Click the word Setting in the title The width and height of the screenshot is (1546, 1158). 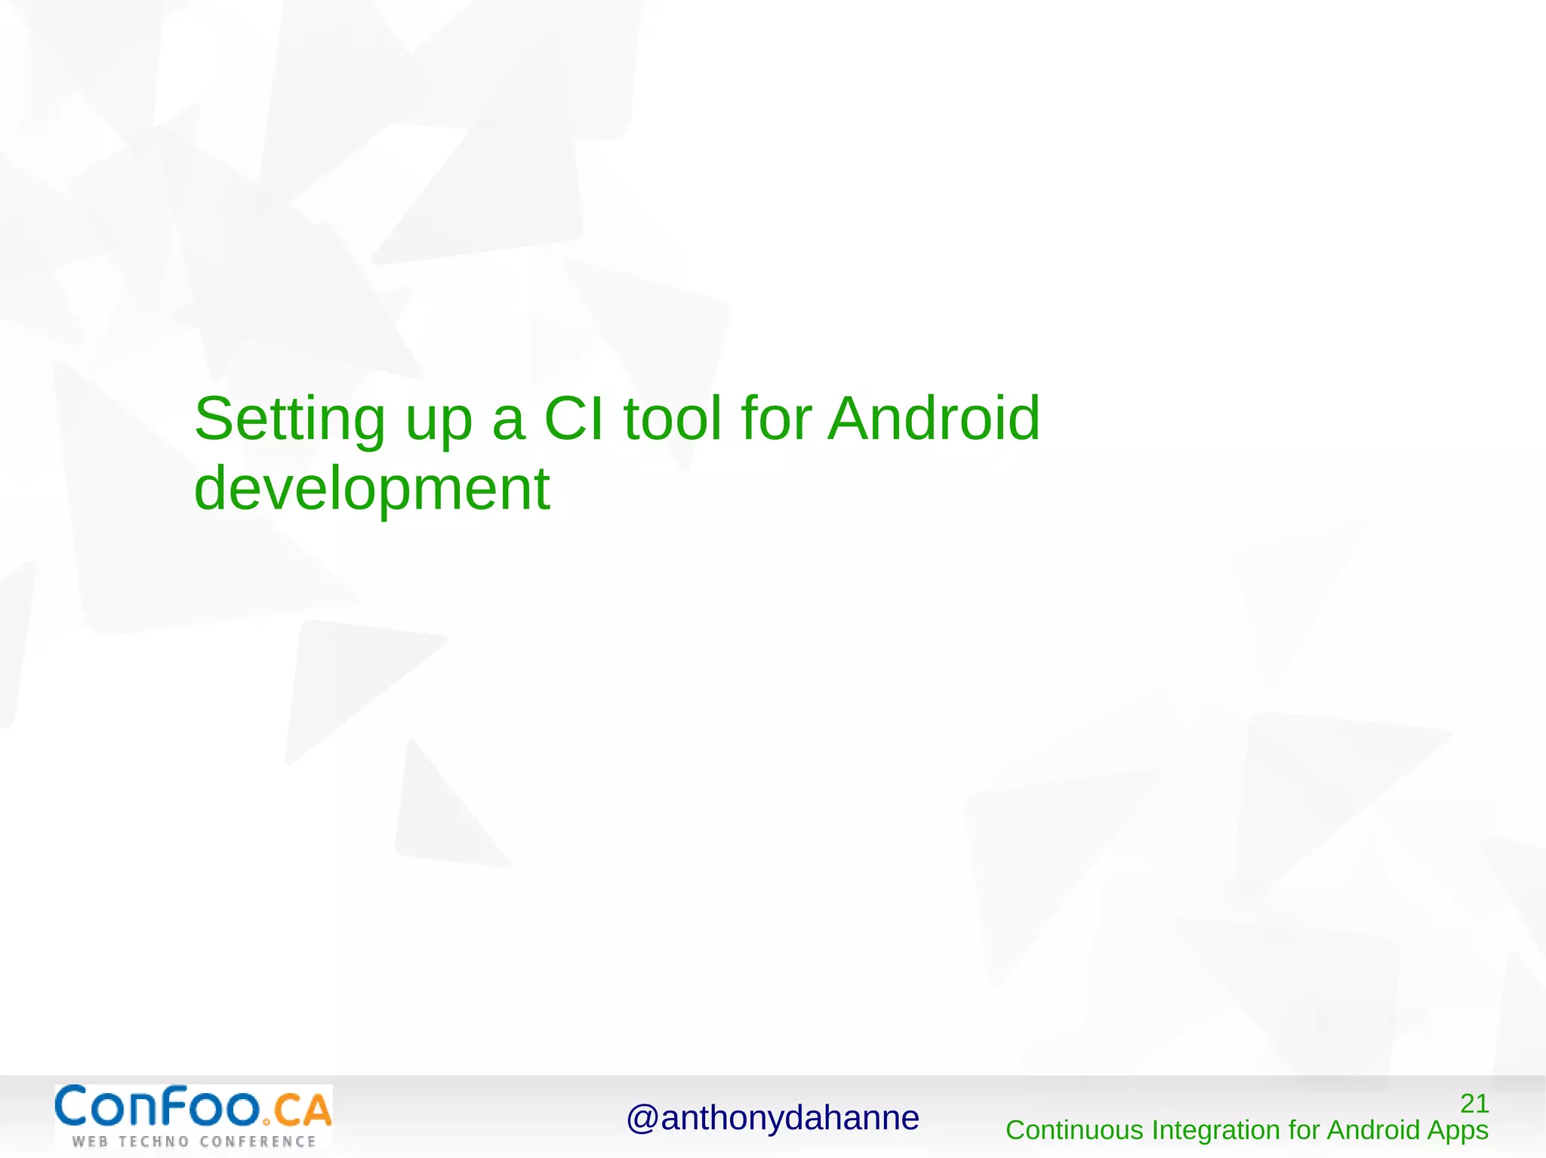click(x=289, y=419)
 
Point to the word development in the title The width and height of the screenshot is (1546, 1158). click(x=371, y=489)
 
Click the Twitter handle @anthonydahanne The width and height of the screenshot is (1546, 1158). click(x=772, y=1118)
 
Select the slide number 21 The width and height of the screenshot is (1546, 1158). click(x=1474, y=1104)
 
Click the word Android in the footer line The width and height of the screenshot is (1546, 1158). click(x=1373, y=1130)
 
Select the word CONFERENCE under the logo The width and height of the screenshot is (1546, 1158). click(x=257, y=1141)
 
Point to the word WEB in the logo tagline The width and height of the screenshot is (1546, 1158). click(x=89, y=1141)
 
